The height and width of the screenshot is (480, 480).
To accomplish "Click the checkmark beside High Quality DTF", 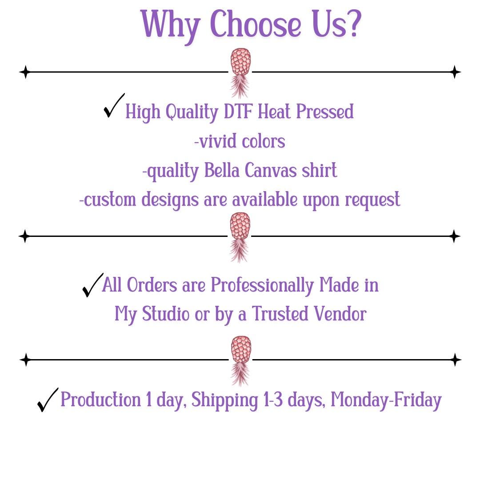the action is (x=114, y=105).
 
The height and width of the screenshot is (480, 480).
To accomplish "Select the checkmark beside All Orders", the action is (x=93, y=285).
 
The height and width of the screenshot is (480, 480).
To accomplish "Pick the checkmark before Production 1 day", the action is (x=48, y=400).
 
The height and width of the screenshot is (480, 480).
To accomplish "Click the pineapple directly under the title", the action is (x=240, y=73).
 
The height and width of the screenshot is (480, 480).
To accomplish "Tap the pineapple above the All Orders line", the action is (x=240, y=237).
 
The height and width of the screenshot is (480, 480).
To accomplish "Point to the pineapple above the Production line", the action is (x=241, y=361).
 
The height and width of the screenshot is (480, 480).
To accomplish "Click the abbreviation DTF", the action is (x=239, y=111).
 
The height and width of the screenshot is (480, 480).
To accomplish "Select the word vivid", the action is (x=217, y=141).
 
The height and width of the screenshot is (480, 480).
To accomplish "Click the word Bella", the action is (x=222, y=170).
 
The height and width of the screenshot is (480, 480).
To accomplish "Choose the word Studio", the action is (x=166, y=314).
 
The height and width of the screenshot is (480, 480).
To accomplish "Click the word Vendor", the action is (x=340, y=314).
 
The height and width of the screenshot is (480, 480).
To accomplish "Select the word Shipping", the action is (x=225, y=400).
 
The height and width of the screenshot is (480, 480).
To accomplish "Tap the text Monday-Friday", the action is (x=386, y=400).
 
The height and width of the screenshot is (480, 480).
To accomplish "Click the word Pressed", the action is (x=325, y=111).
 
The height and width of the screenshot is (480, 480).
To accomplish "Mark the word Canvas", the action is (x=271, y=170).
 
